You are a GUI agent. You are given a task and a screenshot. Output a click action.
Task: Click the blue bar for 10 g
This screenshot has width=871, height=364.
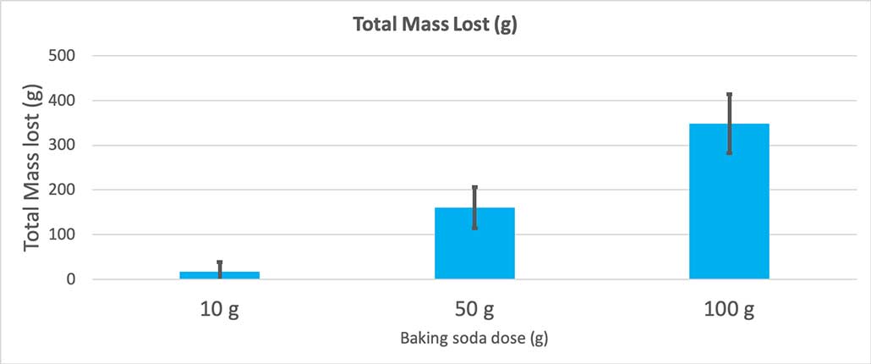pos(219,275)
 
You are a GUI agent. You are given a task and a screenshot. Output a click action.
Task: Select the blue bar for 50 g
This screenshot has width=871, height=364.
pos(474,244)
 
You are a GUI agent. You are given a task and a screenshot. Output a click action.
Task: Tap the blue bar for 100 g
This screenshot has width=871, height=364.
pos(729,203)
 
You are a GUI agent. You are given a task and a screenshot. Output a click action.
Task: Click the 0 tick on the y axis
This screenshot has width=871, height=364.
pos(71,279)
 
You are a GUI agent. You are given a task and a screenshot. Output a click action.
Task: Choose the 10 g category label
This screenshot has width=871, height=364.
pos(220,309)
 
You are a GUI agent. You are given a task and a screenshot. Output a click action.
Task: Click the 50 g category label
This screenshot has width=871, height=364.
pos(474,309)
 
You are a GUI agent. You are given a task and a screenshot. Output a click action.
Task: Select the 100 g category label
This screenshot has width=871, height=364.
pos(729,309)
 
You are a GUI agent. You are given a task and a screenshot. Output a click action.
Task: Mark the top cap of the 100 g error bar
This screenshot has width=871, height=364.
pos(729,94)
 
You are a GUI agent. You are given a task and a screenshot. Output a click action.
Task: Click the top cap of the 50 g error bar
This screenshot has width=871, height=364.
pos(474,187)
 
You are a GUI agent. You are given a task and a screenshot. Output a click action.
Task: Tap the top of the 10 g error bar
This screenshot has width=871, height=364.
pos(220,262)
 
